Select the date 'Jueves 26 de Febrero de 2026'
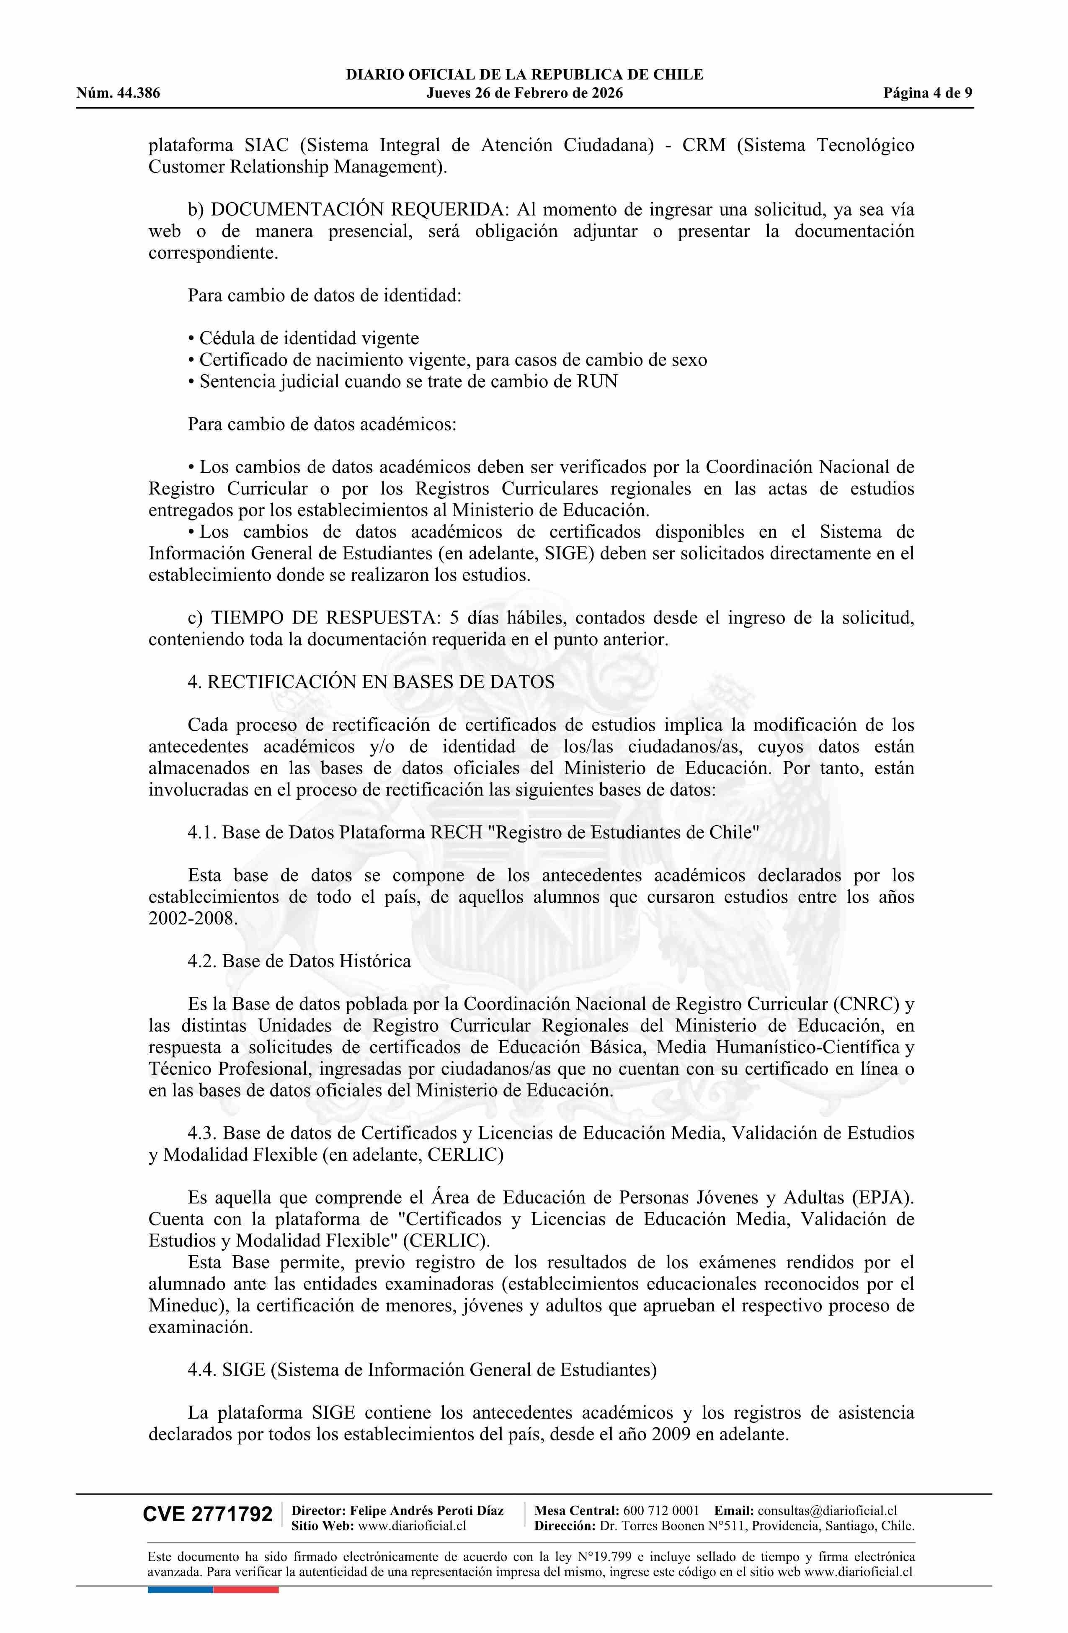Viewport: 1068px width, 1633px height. pyautogui.click(x=524, y=93)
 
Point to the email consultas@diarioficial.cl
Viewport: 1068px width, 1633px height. pyautogui.click(x=827, y=1510)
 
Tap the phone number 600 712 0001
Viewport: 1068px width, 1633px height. pyautogui.click(x=660, y=1510)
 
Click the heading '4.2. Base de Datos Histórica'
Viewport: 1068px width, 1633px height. pyautogui.click(x=299, y=961)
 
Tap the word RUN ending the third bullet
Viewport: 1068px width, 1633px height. pyautogui.click(x=597, y=381)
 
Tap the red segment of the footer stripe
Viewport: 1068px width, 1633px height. pyautogui.click(x=246, y=1571)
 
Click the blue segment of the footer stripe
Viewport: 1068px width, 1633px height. pyautogui.click(x=181, y=1571)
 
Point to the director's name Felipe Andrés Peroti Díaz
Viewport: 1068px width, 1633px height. pyautogui.click(x=427, y=1510)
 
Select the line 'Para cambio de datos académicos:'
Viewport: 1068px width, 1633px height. pyautogui.click(x=322, y=424)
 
